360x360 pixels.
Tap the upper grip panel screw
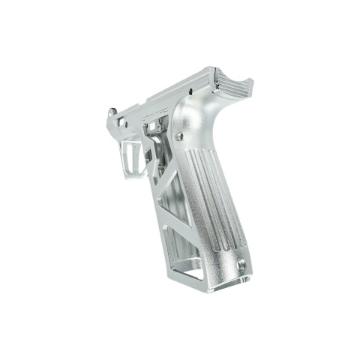(180, 136)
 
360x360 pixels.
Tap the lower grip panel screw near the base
(241, 264)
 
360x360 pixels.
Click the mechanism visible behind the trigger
(154, 146)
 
